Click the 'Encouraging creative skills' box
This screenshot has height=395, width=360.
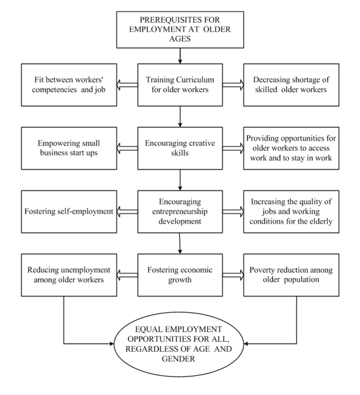coord(180,147)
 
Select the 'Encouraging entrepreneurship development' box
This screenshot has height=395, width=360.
coord(180,212)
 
